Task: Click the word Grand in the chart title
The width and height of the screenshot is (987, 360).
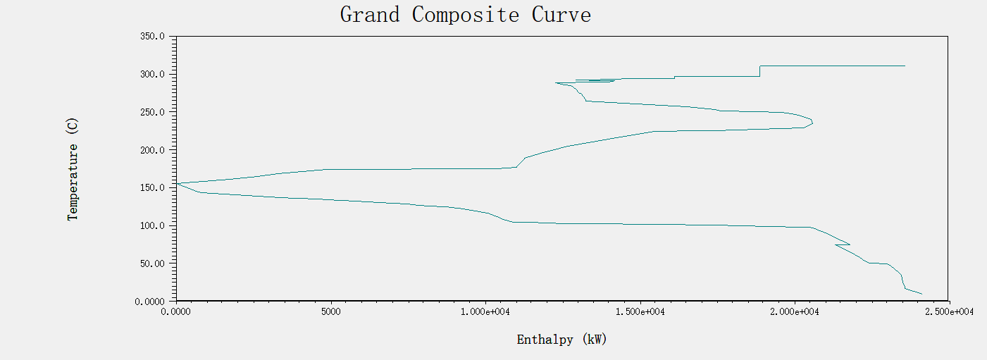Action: pos(371,15)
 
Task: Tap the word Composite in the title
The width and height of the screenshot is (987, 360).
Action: pos(466,15)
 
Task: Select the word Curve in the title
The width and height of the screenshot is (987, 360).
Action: pos(561,15)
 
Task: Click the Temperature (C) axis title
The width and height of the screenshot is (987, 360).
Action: pos(73,169)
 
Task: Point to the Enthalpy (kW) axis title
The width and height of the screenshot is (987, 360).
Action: pos(561,340)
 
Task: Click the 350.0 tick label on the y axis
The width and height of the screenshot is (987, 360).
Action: pos(153,37)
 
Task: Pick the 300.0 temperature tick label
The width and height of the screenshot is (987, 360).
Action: pos(153,75)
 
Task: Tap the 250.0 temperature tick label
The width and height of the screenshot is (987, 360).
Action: pos(153,113)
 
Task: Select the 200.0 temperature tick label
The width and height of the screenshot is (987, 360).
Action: pos(153,150)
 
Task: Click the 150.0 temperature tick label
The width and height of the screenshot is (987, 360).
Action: pos(153,188)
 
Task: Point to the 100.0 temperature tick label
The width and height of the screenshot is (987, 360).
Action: pos(153,226)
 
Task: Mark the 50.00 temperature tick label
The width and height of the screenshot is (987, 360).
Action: pos(153,263)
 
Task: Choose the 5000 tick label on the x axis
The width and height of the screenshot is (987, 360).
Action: pos(330,311)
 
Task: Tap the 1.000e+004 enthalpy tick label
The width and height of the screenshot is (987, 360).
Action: pos(485,311)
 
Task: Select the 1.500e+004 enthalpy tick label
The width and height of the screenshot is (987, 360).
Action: pos(640,311)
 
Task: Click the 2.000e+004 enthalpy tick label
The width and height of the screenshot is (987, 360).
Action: pos(795,311)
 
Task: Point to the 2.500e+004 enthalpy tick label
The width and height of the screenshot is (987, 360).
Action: pos(949,311)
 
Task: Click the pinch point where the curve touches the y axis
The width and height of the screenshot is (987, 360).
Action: pos(177,183)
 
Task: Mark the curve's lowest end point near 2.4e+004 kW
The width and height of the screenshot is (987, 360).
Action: pos(921,294)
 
